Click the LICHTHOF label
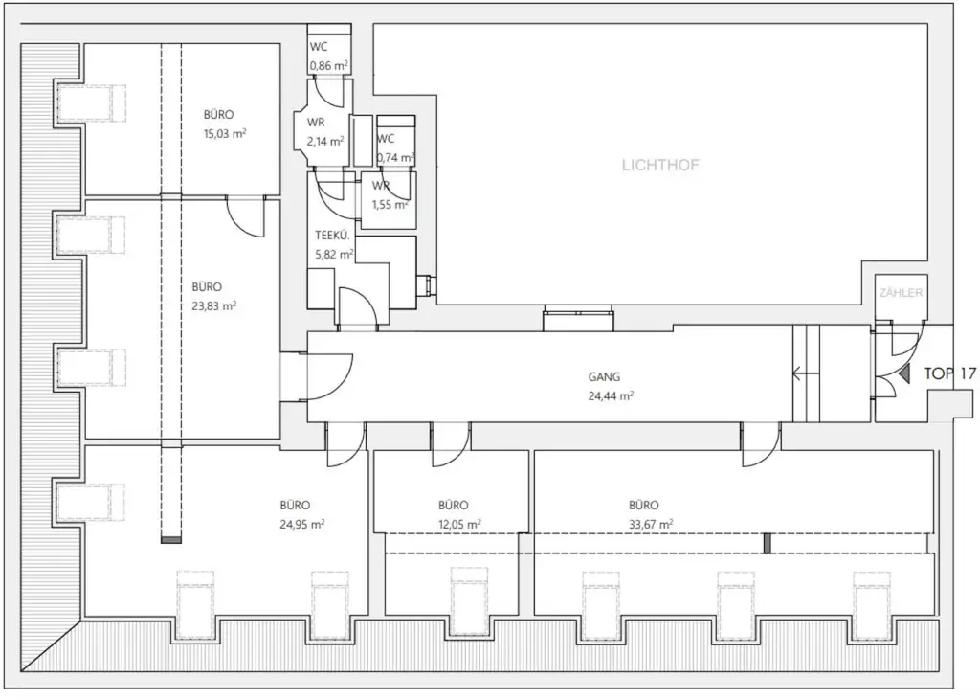[660, 165]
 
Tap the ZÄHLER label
[901, 293]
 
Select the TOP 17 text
[949, 373]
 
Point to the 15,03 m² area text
[225, 134]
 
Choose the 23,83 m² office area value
[213, 306]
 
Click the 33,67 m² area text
[650, 524]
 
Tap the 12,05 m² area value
[458, 524]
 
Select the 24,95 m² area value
[301, 524]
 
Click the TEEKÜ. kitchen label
[331, 235]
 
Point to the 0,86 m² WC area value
[327, 66]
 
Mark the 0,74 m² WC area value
[395, 157]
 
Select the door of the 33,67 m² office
[761, 444]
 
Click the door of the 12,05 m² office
[450, 443]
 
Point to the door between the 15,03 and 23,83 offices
[246, 216]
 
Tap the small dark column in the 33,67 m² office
[766, 544]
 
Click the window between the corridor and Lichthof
[577, 319]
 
